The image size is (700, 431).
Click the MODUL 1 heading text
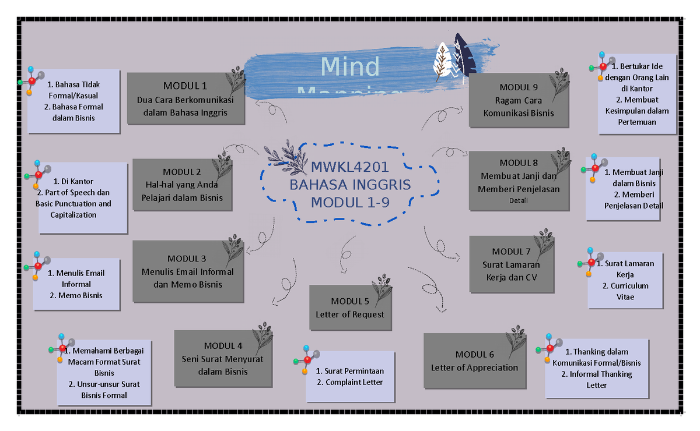(x=185, y=86)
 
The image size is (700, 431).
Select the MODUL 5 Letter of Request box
(x=350, y=308)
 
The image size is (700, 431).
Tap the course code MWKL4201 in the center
(x=349, y=167)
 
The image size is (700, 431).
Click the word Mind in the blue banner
(x=350, y=67)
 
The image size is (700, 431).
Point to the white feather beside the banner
(x=442, y=61)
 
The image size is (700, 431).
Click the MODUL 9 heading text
(x=519, y=87)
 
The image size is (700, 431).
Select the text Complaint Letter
(x=353, y=382)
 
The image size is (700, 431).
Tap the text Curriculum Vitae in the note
(x=625, y=291)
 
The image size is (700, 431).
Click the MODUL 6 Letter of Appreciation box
(x=474, y=361)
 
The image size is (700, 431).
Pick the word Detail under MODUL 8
(x=518, y=200)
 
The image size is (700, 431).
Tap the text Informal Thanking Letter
(x=597, y=379)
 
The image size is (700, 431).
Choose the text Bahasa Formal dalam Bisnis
(x=73, y=112)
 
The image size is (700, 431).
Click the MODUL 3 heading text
(x=187, y=259)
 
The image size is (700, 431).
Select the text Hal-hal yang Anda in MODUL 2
(x=181, y=185)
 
